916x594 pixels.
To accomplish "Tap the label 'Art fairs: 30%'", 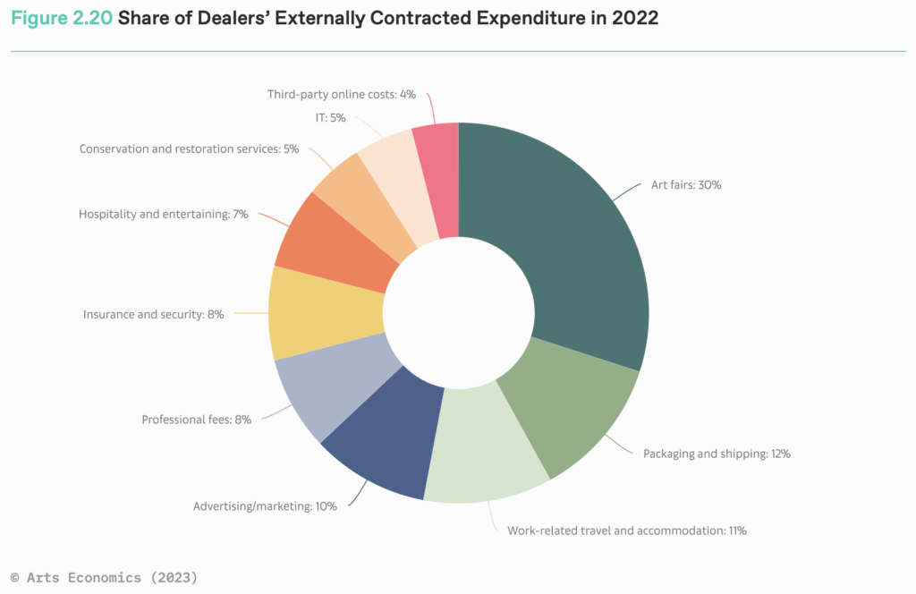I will click(686, 185).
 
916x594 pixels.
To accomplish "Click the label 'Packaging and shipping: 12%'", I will click(717, 454).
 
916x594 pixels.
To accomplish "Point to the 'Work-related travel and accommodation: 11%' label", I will click(626, 530).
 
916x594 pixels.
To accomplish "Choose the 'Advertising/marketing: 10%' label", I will click(265, 506).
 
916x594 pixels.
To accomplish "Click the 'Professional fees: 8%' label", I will click(196, 419).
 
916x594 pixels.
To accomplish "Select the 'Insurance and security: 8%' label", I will click(153, 314).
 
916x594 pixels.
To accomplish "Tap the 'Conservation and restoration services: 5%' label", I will click(189, 148).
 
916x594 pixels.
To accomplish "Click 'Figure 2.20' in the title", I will click(61, 18).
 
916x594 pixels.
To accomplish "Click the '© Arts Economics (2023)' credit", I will click(103, 578).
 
